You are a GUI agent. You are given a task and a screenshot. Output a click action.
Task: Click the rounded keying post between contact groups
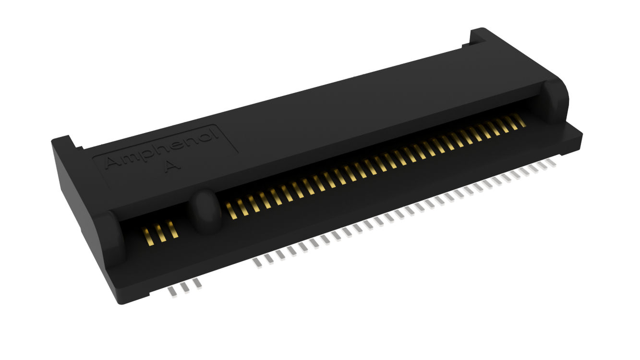(205, 211)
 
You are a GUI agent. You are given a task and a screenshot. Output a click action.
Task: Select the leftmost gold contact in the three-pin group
(148, 236)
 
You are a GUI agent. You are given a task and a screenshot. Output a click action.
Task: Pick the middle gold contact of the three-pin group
(160, 233)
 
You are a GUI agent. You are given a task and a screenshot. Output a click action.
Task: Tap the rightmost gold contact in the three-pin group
(172, 229)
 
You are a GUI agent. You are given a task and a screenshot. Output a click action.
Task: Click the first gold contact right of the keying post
(231, 211)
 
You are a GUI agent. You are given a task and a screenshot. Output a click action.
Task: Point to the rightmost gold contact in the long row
(519, 120)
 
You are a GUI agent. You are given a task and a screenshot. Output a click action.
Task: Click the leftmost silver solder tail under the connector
(172, 293)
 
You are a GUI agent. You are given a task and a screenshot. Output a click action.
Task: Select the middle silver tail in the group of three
(185, 288)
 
